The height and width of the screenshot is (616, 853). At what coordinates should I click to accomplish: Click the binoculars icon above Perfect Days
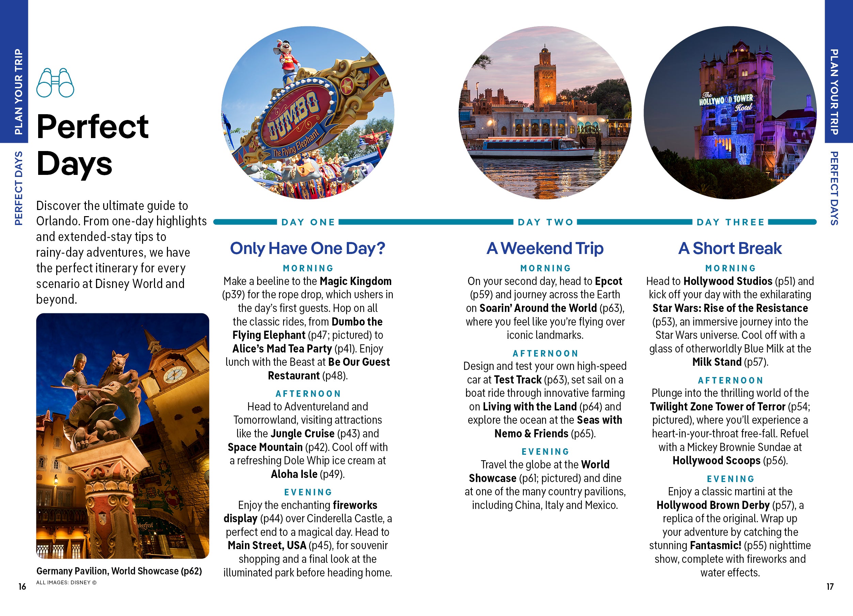[x=55, y=83]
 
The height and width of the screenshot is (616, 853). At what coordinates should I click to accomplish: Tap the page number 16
[x=22, y=586]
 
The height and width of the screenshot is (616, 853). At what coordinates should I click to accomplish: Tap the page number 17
[x=830, y=586]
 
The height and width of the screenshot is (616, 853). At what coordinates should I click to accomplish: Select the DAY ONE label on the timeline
[x=308, y=222]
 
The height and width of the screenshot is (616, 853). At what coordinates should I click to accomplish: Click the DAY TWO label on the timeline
[x=545, y=222]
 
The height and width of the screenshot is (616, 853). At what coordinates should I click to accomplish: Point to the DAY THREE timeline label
[x=730, y=222]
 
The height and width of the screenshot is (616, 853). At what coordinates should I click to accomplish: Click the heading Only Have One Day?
[x=308, y=249]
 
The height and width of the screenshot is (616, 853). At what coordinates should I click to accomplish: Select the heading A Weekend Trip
[x=545, y=249]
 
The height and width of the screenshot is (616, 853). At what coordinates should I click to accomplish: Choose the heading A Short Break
[x=730, y=249]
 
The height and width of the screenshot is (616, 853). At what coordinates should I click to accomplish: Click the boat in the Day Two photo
[x=534, y=148]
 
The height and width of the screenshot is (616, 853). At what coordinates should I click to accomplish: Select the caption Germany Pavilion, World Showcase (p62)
[x=119, y=571]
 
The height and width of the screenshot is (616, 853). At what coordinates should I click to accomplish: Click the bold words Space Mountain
[x=265, y=447]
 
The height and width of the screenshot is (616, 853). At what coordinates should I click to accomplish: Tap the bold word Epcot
[x=608, y=281]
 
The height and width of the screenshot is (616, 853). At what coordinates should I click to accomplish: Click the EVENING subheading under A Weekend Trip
[x=545, y=452]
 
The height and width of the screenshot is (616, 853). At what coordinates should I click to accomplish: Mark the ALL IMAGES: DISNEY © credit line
[x=66, y=583]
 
